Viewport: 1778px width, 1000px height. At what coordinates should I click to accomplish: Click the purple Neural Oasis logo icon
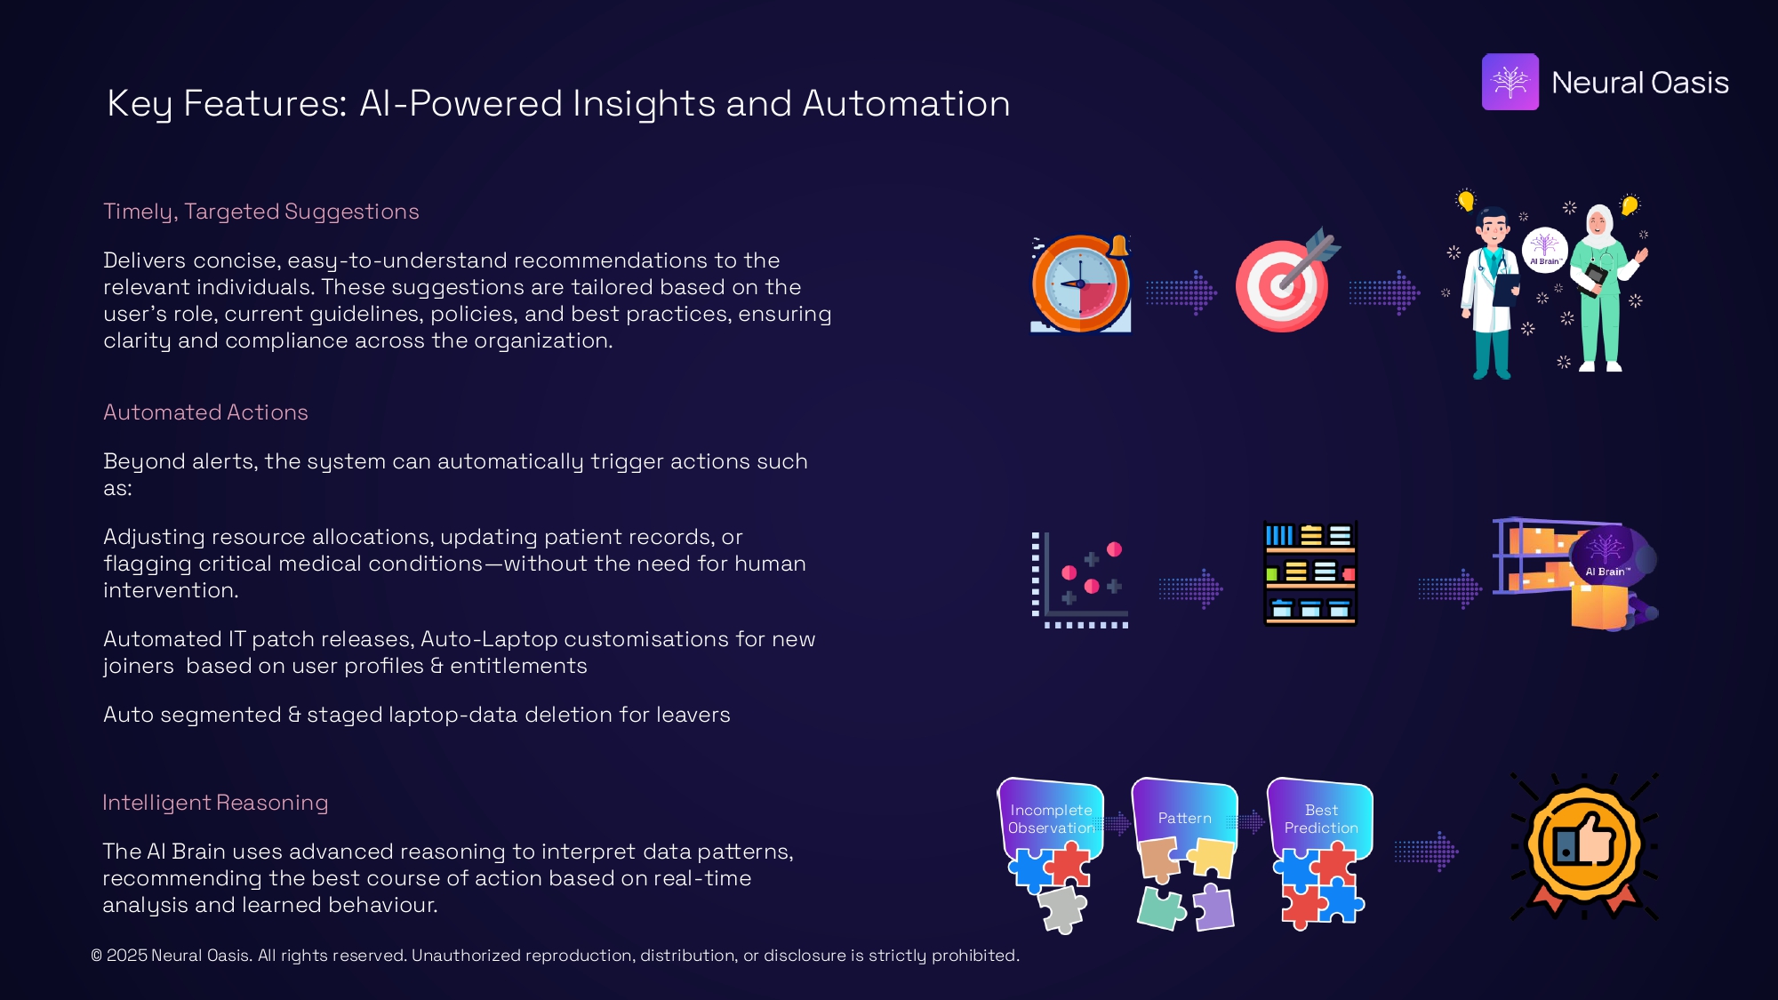tap(1510, 82)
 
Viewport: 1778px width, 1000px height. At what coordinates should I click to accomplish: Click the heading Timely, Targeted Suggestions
tap(260, 212)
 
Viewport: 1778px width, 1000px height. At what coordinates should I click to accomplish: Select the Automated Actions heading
tap(205, 412)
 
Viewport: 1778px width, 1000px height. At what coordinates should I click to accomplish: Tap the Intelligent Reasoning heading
tap(215, 803)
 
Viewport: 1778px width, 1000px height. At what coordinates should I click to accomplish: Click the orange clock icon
tap(1080, 284)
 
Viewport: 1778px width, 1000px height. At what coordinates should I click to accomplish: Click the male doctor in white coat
tap(1493, 293)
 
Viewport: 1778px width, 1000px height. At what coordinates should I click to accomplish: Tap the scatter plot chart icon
tap(1080, 580)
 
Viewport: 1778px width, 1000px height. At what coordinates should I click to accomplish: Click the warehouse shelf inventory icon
tap(1310, 573)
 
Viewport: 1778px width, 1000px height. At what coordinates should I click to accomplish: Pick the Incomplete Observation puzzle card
tap(1051, 819)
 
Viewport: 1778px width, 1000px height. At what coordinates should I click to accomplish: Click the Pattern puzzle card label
tap(1184, 818)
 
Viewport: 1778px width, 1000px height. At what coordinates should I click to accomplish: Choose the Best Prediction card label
tap(1321, 819)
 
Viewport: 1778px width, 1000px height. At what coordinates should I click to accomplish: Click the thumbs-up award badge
tap(1584, 845)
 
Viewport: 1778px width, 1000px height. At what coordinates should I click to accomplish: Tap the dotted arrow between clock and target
tap(1181, 292)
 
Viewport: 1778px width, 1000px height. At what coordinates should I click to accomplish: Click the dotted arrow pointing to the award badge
tap(1426, 852)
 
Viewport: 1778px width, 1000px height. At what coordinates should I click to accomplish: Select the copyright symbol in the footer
tap(96, 956)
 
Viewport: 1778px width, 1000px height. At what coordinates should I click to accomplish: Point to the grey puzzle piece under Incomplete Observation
tap(1062, 909)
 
